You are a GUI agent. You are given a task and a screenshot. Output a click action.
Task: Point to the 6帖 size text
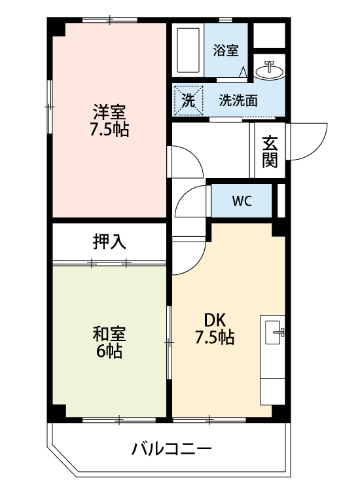coord(109,352)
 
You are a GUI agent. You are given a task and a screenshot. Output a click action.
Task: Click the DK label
coord(215,320)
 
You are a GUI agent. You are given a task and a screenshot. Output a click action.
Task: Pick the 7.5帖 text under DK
coord(215,338)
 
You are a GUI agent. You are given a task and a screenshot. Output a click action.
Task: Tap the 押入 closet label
coord(109,242)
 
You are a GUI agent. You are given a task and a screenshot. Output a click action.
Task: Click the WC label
coord(241,201)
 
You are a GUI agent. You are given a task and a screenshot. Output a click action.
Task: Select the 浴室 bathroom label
coord(226,50)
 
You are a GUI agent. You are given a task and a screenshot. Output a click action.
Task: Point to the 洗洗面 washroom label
coord(238,101)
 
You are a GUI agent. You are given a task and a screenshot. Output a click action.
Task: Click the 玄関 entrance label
coord(270,151)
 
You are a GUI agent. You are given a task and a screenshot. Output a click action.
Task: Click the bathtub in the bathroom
coord(189,50)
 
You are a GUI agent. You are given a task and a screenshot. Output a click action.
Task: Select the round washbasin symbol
coord(269,69)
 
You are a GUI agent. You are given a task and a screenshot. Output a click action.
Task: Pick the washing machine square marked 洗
coord(188,101)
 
